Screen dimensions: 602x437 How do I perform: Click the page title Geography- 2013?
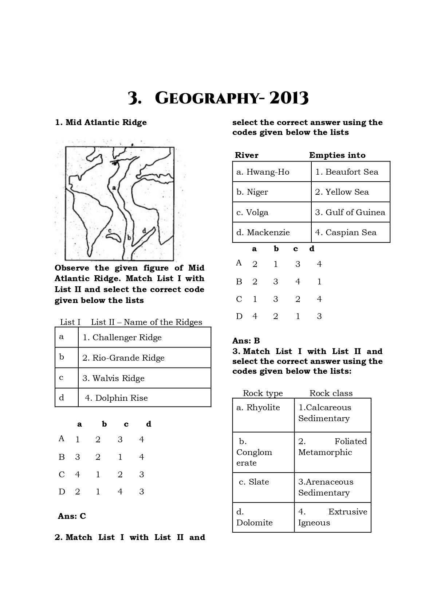coord(218,98)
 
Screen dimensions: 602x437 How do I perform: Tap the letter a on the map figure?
coord(114,188)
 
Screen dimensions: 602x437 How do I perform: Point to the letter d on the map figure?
coord(144,230)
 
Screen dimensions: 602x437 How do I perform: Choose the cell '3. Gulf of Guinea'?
coord(350,212)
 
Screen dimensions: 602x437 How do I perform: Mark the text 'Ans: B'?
coord(246,341)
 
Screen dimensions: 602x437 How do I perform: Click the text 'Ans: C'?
coord(72,516)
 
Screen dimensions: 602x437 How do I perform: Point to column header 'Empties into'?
coord(337,155)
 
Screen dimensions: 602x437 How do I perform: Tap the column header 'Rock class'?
coord(331,393)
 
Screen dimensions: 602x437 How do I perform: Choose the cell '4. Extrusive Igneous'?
coord(332,517)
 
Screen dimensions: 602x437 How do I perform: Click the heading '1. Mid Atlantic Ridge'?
coord(101,123)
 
